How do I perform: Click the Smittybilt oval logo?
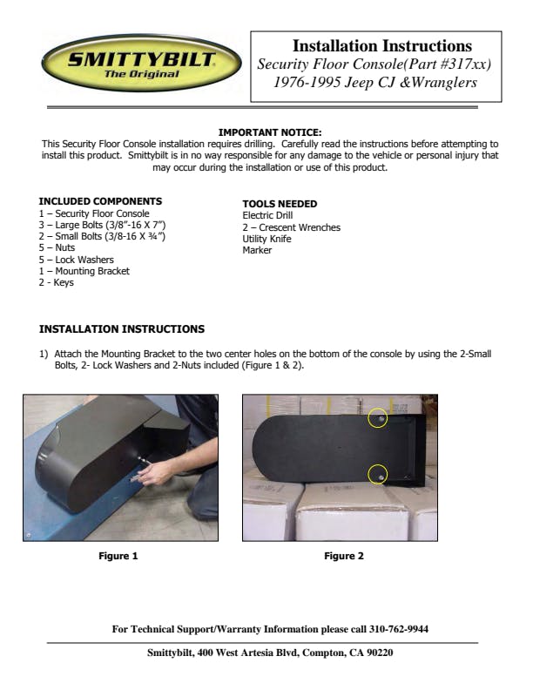pos(141,63)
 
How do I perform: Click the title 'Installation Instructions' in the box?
pos(382,46)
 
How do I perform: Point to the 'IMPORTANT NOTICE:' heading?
pos(270,132)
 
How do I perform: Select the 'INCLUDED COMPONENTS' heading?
pos(100,201)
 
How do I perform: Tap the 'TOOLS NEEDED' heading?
pos(280,204)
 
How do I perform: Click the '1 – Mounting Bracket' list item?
pos(84,271)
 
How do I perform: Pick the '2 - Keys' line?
pos(57,282)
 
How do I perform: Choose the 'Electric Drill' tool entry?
pos(267,215)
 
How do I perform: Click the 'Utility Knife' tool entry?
pos(266,239)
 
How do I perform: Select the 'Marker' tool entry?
pos(257,250)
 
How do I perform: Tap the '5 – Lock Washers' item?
pos(76,260)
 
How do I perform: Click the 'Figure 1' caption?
pos(118,556)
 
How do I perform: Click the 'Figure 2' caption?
pos(344,556)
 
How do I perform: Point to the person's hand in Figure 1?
pos(155,473)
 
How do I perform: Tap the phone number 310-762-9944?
pos(398,629)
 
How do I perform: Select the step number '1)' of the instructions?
pos(44,354)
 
